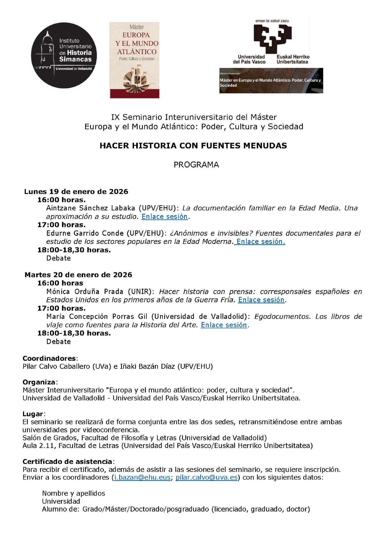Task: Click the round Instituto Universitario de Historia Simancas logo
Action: click(x=64, y=55)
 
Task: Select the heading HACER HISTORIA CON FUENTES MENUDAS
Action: click(x=193, y=145)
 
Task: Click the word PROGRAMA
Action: click(x=196, y=165)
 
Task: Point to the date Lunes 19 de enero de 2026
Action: click(x=76, y=191)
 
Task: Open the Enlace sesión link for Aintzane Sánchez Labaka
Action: click(x=164, y=216)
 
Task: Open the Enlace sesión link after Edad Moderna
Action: click(x=261, y=241)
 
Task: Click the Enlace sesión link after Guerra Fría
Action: click(x=261, y=300)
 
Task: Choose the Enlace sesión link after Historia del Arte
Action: click(x=224, y=325)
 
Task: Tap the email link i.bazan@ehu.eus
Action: click(x=142, y=477)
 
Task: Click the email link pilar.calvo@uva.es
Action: click(x=206, y=477)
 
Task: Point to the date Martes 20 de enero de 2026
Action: click(x=78, y=275)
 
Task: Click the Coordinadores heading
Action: click(x=49, y=358)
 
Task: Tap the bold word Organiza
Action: click(x=39, y=382)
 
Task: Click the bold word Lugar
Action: click(x=33, y=414)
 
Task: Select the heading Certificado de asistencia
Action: click(x=67, y=461)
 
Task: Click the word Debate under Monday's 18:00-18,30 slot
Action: click(x=58, y=258)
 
